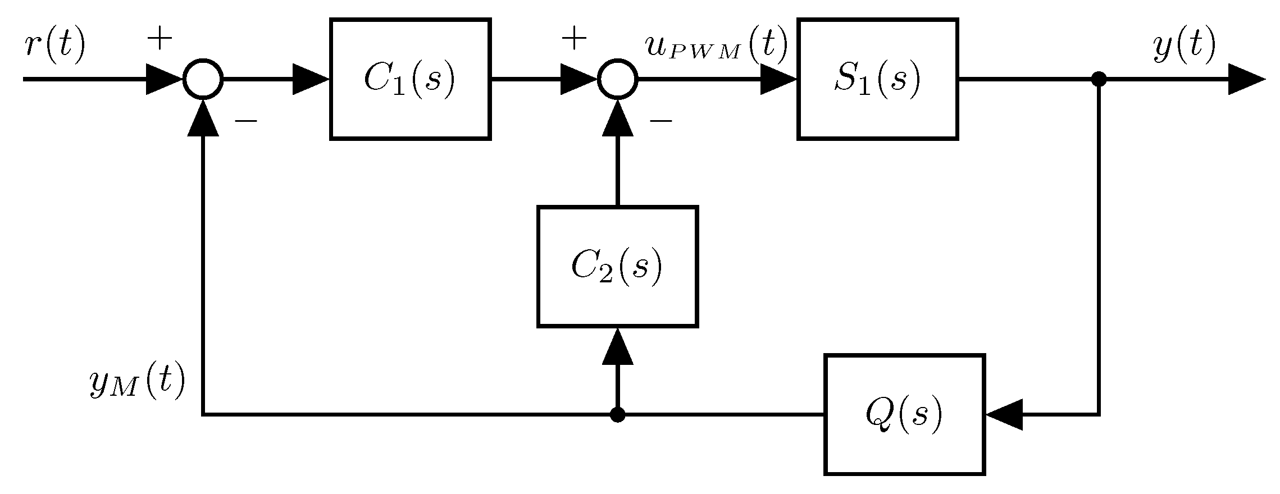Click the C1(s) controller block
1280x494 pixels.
(410, 79)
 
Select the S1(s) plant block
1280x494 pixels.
(877, 79)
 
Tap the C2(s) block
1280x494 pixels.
(617, 266)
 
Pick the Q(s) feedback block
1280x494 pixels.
(904, 414)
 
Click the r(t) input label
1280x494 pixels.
(54, 45)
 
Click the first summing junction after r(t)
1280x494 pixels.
(203, 79)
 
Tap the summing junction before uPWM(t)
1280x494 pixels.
(617, 79)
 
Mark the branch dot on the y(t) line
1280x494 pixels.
(1099, 79)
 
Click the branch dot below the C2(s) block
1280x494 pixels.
(617, 414)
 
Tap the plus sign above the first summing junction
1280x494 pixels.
(159, 39)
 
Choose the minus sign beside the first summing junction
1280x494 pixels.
(245, 120)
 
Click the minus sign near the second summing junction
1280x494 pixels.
(661, 120)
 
